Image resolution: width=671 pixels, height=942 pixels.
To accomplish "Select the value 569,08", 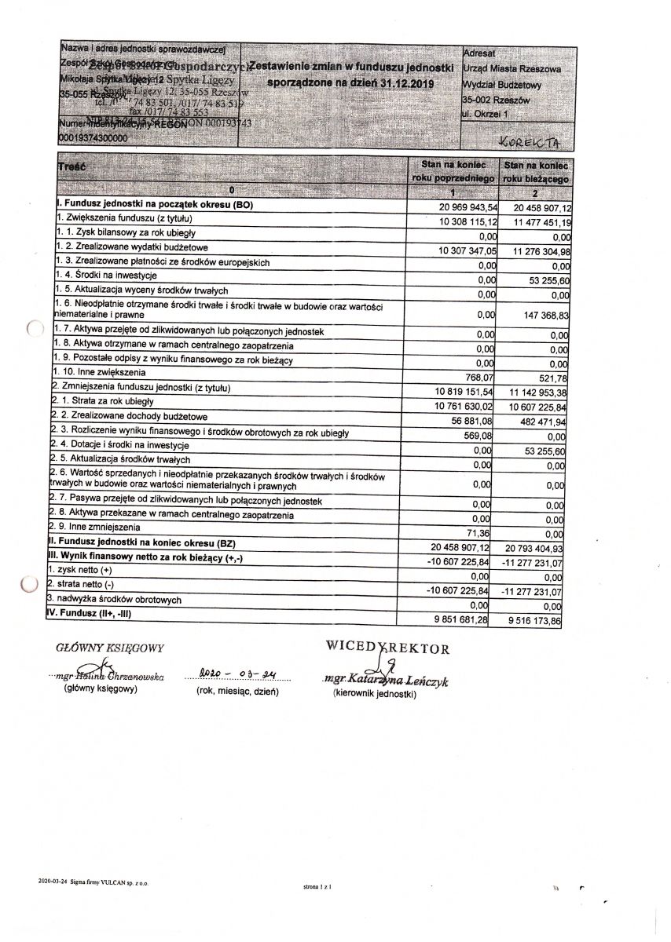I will [482, 434].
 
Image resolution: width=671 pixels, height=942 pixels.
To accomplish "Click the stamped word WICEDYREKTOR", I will [388, 648].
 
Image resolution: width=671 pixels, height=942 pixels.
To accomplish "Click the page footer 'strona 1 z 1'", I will [317, 886].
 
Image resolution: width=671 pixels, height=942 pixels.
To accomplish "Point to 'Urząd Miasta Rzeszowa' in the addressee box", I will [511, 70].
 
